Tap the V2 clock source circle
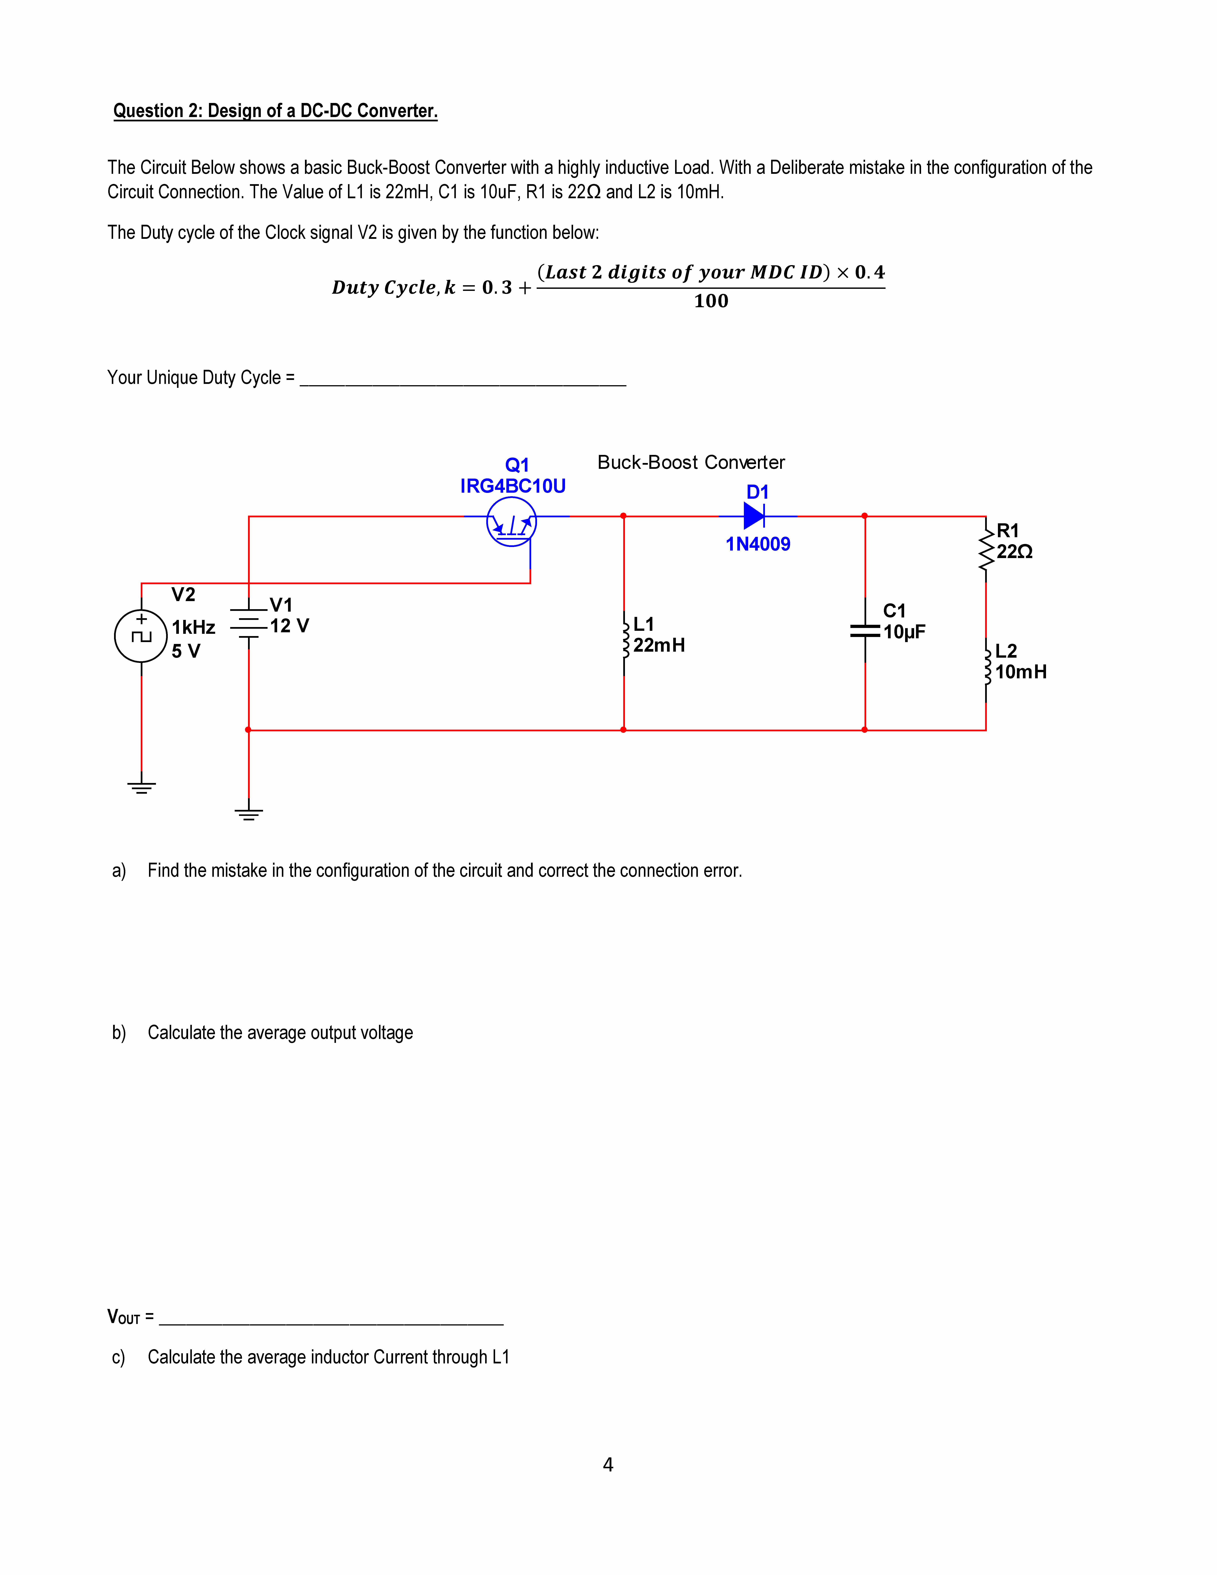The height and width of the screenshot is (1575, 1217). [141, 636]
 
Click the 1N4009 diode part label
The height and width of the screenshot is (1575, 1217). [758, 545]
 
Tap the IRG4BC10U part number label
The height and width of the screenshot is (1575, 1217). [513, 486]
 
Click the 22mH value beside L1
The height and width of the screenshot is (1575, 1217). [659, 645]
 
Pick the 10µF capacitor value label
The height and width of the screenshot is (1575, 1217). [904, 632]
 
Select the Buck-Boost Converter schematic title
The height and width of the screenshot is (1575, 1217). [691, 462]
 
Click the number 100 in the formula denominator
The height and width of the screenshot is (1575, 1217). [711, 301]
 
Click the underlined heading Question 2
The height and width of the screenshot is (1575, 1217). [275, 111]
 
